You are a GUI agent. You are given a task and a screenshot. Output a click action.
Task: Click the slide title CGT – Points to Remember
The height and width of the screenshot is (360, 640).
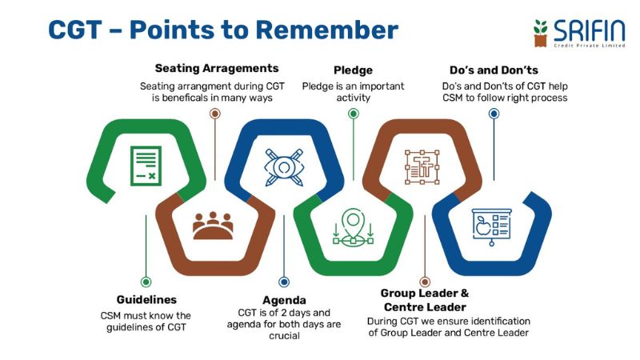[223, 30]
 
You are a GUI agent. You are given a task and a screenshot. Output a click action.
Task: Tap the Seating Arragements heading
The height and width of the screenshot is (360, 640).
[216, 69]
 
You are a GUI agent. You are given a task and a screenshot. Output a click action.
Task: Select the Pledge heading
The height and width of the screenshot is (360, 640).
[353, 70]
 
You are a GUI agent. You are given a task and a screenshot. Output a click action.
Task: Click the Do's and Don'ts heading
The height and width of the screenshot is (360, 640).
[494, 70]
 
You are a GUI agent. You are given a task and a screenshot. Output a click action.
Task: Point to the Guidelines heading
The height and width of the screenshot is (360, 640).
[146, 299]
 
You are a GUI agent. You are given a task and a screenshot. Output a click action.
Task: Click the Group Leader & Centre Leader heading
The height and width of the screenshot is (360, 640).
[425, 300]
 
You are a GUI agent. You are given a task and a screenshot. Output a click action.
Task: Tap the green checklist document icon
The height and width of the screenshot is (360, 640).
[146, 166]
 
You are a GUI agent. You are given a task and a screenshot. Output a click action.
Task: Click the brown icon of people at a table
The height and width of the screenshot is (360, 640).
[214, 226]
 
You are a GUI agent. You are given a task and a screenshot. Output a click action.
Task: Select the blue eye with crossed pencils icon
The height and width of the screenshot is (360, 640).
[284, 166]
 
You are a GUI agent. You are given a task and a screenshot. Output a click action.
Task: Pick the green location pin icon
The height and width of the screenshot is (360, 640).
[354, 226]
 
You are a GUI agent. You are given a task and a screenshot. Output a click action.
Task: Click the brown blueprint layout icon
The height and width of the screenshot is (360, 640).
[423, 166]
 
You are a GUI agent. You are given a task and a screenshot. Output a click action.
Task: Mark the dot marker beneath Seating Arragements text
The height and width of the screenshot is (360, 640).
[214, 114]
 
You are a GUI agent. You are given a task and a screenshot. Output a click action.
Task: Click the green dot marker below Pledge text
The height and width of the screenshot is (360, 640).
[354, 114]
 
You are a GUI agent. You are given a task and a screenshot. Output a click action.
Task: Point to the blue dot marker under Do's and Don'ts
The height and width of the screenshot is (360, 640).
[494, 114]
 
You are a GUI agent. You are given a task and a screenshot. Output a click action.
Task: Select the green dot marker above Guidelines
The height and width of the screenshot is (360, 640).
[146, 282]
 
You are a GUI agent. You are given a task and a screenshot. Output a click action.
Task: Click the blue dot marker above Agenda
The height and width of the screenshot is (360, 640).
[285, 282]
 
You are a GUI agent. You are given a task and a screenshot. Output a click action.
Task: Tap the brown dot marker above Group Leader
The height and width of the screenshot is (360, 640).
[425, 282]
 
